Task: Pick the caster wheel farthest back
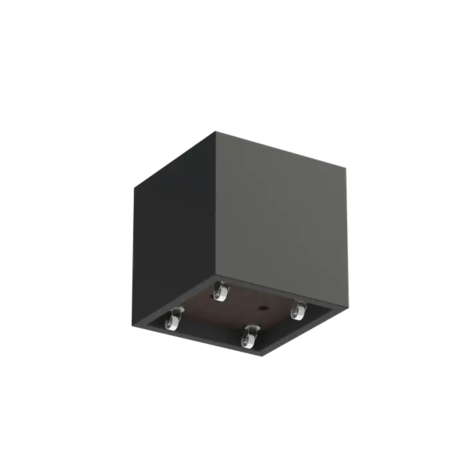pos(219,292)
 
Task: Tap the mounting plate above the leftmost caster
pos(176,310)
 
